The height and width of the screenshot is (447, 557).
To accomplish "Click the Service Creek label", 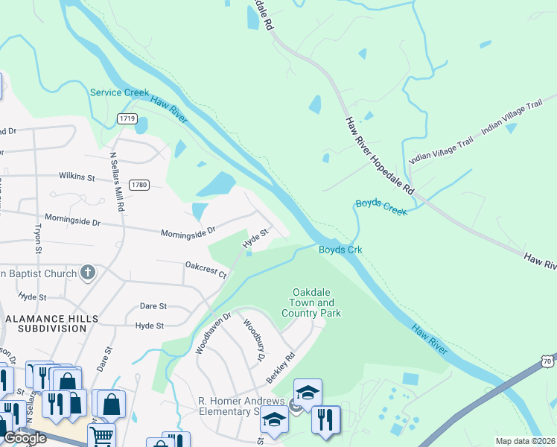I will click(x=119, y=92).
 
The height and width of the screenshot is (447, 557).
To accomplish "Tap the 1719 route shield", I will click(x=127, y=118).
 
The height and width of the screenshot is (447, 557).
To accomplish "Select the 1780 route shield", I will click(x=138, y=185).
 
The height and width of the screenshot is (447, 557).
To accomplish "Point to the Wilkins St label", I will click(x=77, y=177).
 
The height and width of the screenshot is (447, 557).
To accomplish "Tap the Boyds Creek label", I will click(x=381, y=207).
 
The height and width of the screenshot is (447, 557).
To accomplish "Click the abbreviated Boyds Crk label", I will click(x=340, y=250).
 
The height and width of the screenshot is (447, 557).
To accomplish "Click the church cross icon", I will click(x=88, y=273).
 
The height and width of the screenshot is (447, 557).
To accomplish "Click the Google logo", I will click(x=25, y=438).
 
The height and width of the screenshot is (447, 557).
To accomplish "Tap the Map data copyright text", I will click(x=525, y=441).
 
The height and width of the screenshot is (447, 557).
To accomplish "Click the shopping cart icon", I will click(x=101, y=434).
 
